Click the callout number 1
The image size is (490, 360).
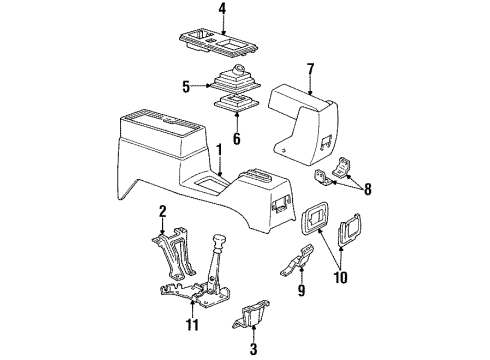218,152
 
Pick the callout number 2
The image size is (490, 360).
161,212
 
